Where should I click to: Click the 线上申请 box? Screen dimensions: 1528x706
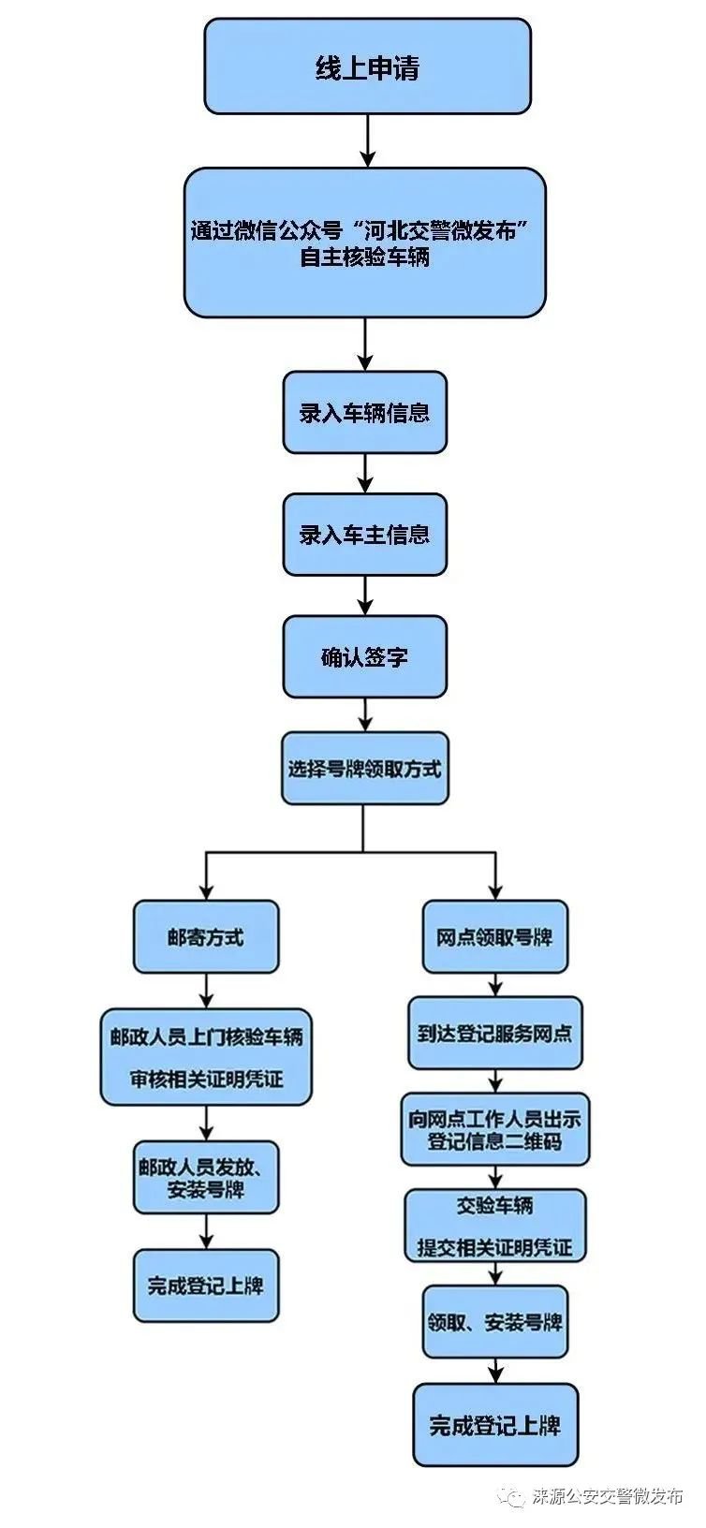coord(367,67)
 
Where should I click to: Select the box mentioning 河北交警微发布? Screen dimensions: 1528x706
coord(364,242)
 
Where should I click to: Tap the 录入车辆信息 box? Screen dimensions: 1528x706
coord(364,412)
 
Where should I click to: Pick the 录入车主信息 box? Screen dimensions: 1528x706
coord(364,535)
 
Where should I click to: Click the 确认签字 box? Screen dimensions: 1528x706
coord(364,656)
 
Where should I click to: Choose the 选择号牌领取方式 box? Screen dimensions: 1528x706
coord(364,769)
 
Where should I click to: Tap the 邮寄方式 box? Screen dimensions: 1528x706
coord(206,936)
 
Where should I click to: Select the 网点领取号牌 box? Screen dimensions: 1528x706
coord(495,936)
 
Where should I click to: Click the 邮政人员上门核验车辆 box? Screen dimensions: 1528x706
coord(206,1057)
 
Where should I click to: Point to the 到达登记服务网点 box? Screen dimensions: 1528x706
coord(495,1034)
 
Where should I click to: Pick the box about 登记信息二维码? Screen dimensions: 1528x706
coord(495,1129)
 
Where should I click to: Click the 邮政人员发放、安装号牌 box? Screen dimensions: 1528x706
coord(206,1178)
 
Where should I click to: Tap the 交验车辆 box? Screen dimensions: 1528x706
coord(495,1226)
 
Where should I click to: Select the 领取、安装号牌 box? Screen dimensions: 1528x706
coord(495,1322)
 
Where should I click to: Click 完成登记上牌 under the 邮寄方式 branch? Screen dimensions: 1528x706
coord(206,1286)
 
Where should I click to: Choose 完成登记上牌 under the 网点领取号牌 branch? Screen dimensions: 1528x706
coord(495,1425)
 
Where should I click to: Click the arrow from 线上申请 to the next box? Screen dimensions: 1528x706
coord(367,141)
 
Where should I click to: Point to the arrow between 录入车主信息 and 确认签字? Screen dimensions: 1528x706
coord(365,595)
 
